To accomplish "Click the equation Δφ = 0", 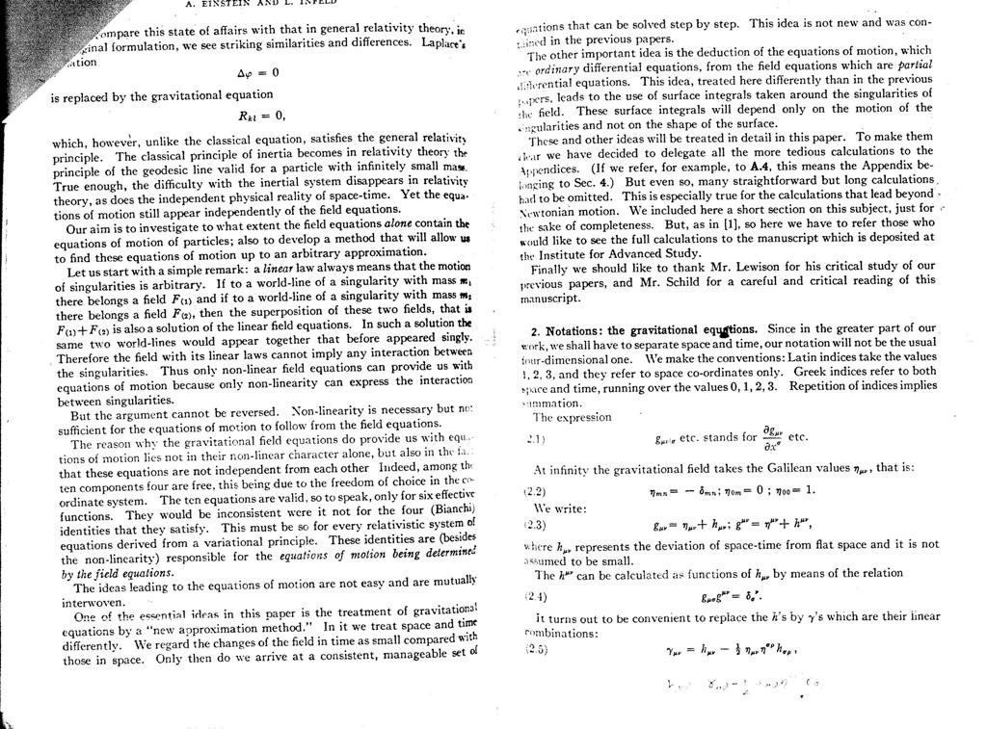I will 257,72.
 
